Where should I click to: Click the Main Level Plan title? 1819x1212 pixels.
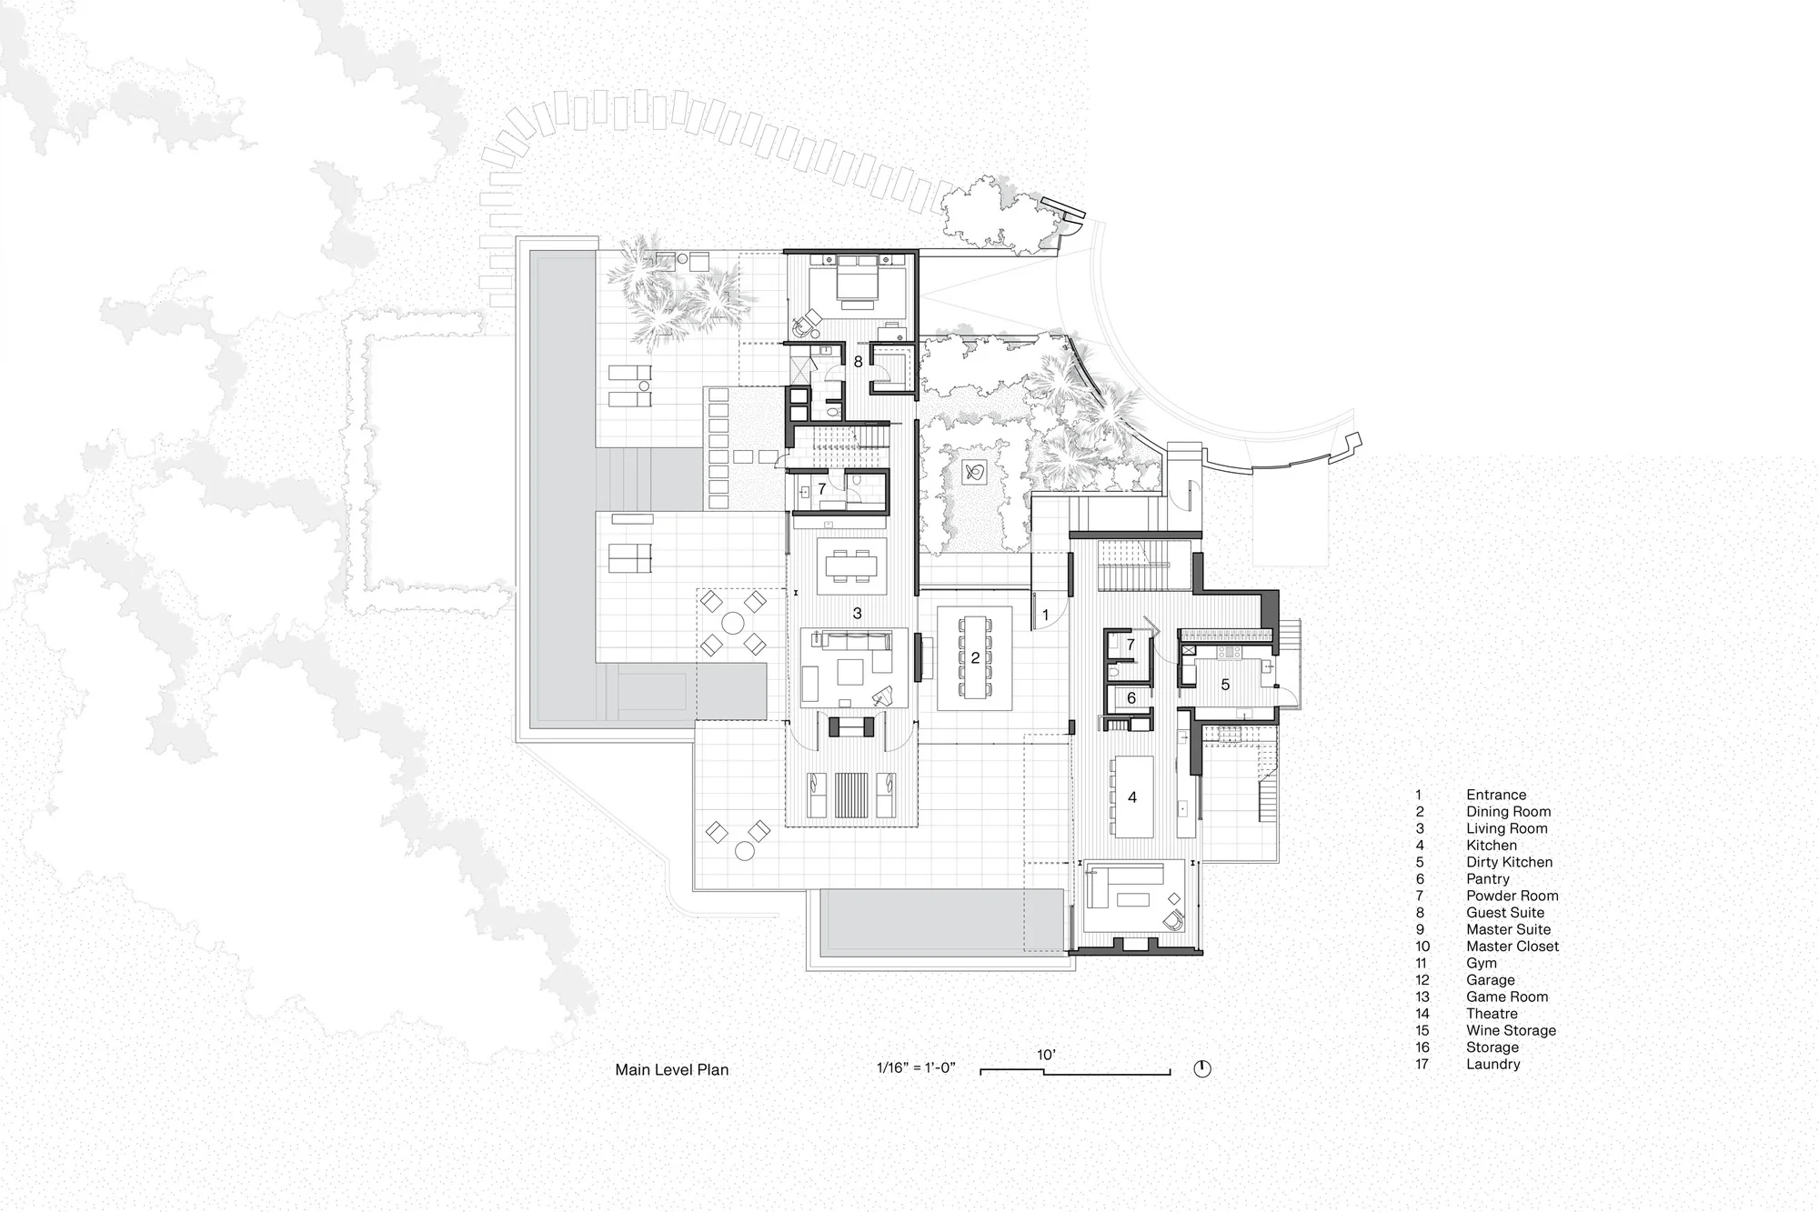click(672, 1069)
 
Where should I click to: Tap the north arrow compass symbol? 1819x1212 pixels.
click(1202, 1068)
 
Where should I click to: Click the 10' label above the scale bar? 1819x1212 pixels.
click(1046, 1055)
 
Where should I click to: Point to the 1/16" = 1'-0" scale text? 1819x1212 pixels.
click(916, 1067)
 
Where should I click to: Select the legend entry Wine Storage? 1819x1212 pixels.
click(1511, 1030)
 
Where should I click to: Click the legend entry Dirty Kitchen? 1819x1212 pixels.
click(1509, 862)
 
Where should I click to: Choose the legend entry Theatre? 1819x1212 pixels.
click(1492, 1014)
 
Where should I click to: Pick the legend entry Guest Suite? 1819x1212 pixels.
click(1505, 913)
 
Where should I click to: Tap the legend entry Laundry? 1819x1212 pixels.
click(1492, 1064)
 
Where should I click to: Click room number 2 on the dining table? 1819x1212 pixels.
click(975, 657)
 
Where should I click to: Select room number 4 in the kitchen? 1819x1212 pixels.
click(1132, 797)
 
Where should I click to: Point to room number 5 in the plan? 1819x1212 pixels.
click(1225, 685)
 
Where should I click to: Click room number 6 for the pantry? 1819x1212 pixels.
click(1131, 698)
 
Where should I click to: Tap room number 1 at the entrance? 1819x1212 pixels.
click(1046, 616)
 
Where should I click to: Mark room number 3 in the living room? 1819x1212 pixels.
click(857, 614)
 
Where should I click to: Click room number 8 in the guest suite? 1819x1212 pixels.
click(858, 362)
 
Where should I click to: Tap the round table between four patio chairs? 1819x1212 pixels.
click(732, 623)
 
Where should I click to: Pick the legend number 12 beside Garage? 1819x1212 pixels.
click(1422, 980)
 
